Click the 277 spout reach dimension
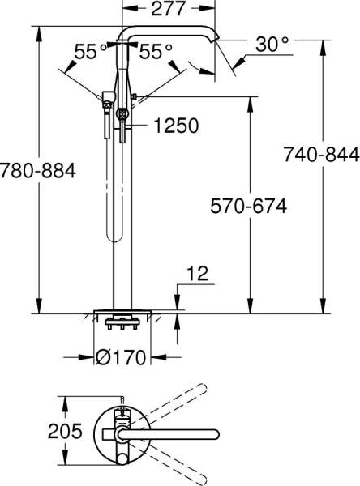168,10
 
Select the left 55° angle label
91,51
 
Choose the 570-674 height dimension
248,207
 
